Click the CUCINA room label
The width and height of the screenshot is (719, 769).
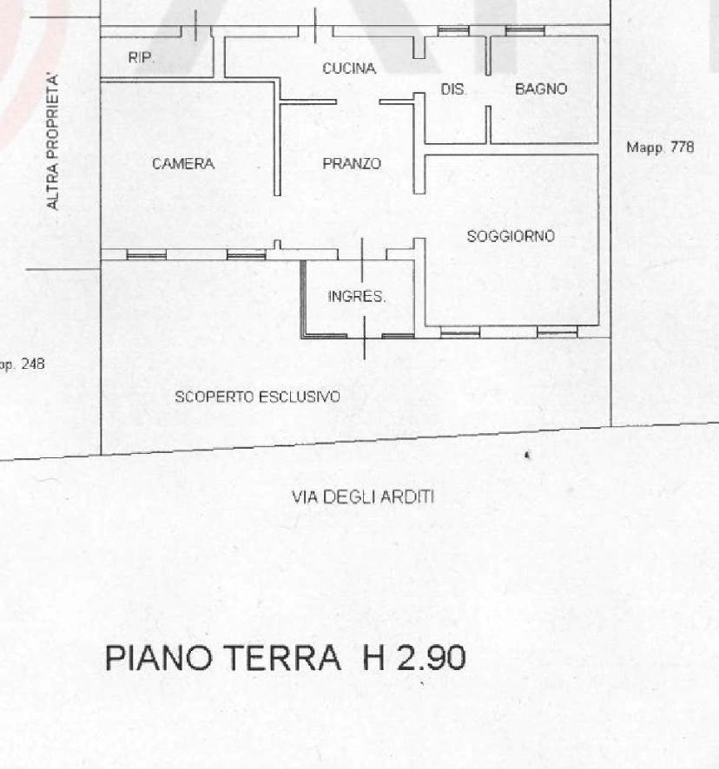[x=349, y=69]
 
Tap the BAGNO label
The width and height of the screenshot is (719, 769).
[x=541, y=89]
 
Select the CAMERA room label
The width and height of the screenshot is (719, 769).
[x=183, y=163]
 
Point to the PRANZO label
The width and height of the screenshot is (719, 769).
[x=352, y=163]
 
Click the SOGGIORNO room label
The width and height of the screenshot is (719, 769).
[x=511, y=236]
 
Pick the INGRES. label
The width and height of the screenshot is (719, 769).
[x=357, y=296]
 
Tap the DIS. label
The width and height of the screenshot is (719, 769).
[x=453, y=89]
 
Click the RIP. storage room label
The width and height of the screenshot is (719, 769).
[x=141, y=57]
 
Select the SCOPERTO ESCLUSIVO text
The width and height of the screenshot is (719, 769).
[x=257, y=397]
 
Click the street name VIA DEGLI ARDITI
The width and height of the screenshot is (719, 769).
[x=363, y=497]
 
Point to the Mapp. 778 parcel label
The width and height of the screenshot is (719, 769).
[x=660, y=148]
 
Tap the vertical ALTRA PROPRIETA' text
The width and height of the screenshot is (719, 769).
[x=52, y=141]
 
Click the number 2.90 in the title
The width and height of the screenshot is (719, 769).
[x=431, y=658]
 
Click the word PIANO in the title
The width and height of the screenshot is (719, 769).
[x=159, y=658]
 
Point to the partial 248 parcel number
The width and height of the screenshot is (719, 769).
[x=33, y=364]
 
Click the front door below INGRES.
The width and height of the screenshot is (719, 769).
[x=364, y=338]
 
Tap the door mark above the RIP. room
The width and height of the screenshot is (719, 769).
[x=196, y=25]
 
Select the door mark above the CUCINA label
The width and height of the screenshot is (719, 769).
[x=315, y=25]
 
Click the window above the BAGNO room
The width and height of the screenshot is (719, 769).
[x=524, y=31]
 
